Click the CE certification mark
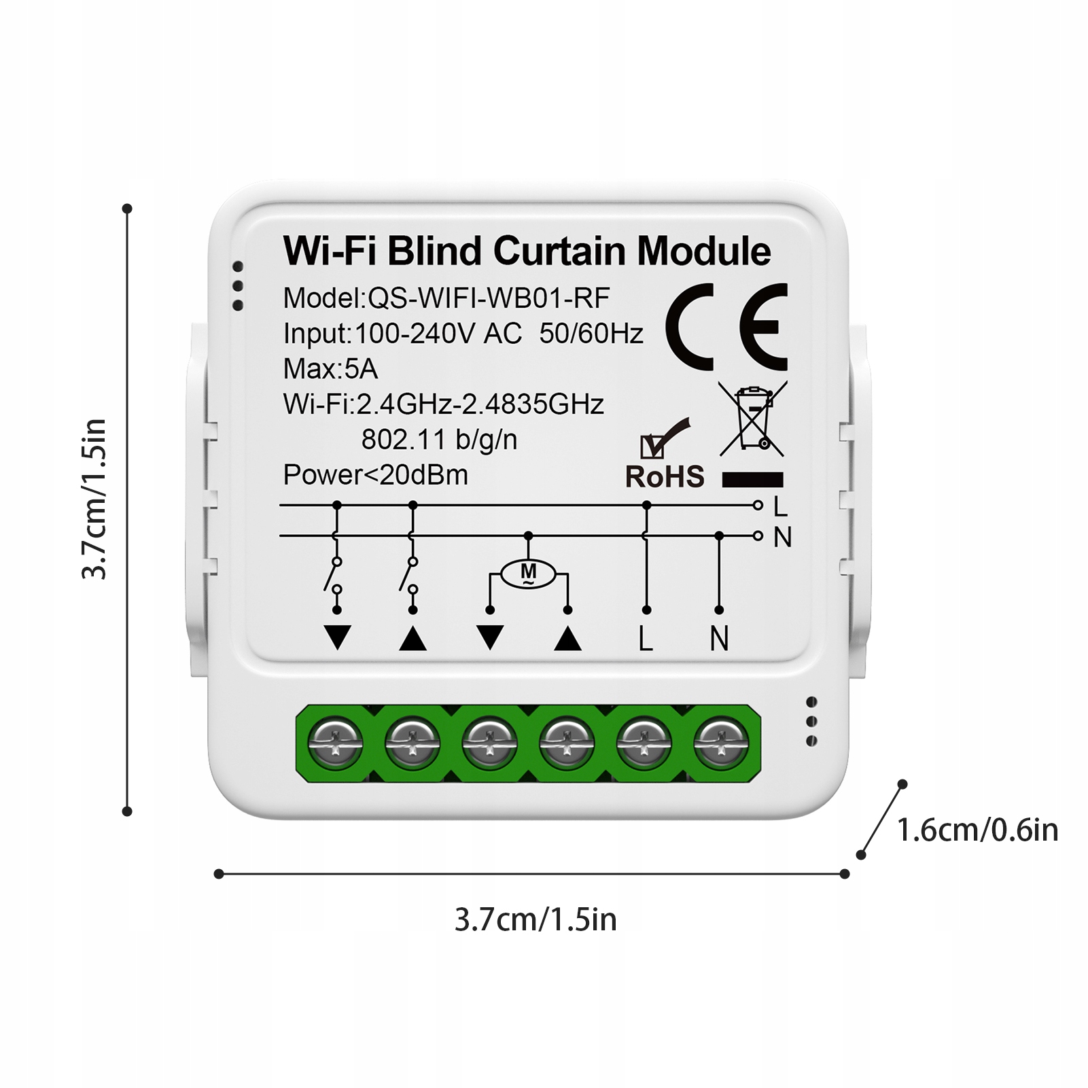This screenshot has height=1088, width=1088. coord(726,327)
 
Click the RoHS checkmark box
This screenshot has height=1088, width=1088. coord(653,446)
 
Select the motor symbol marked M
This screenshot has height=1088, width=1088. coord(528,574)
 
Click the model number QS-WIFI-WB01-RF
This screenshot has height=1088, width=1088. coord(489,298)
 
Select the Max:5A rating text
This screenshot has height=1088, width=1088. coord(330,369)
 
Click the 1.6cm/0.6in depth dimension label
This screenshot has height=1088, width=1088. coord(977,830)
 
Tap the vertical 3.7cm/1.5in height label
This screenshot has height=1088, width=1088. coord(94,499)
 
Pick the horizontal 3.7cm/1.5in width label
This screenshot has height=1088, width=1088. coord(536,920)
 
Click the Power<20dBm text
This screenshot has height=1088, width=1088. coord(375,475)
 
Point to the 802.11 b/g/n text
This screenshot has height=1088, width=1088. coord(439,440)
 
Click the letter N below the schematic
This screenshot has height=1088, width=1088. coord(719,639)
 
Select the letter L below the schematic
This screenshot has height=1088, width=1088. coord(646,639)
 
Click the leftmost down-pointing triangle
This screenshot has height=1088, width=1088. coord(337,637)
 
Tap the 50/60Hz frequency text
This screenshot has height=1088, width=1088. coord(591,334)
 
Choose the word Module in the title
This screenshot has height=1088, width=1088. coord(704,251)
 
